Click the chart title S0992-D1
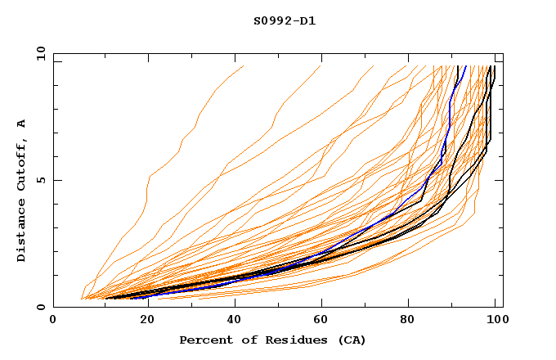[x=285, y=20]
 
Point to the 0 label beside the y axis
[x=41, y=307]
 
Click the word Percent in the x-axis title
[x=204, y=340]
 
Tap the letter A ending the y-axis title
[x=21, y=124]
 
